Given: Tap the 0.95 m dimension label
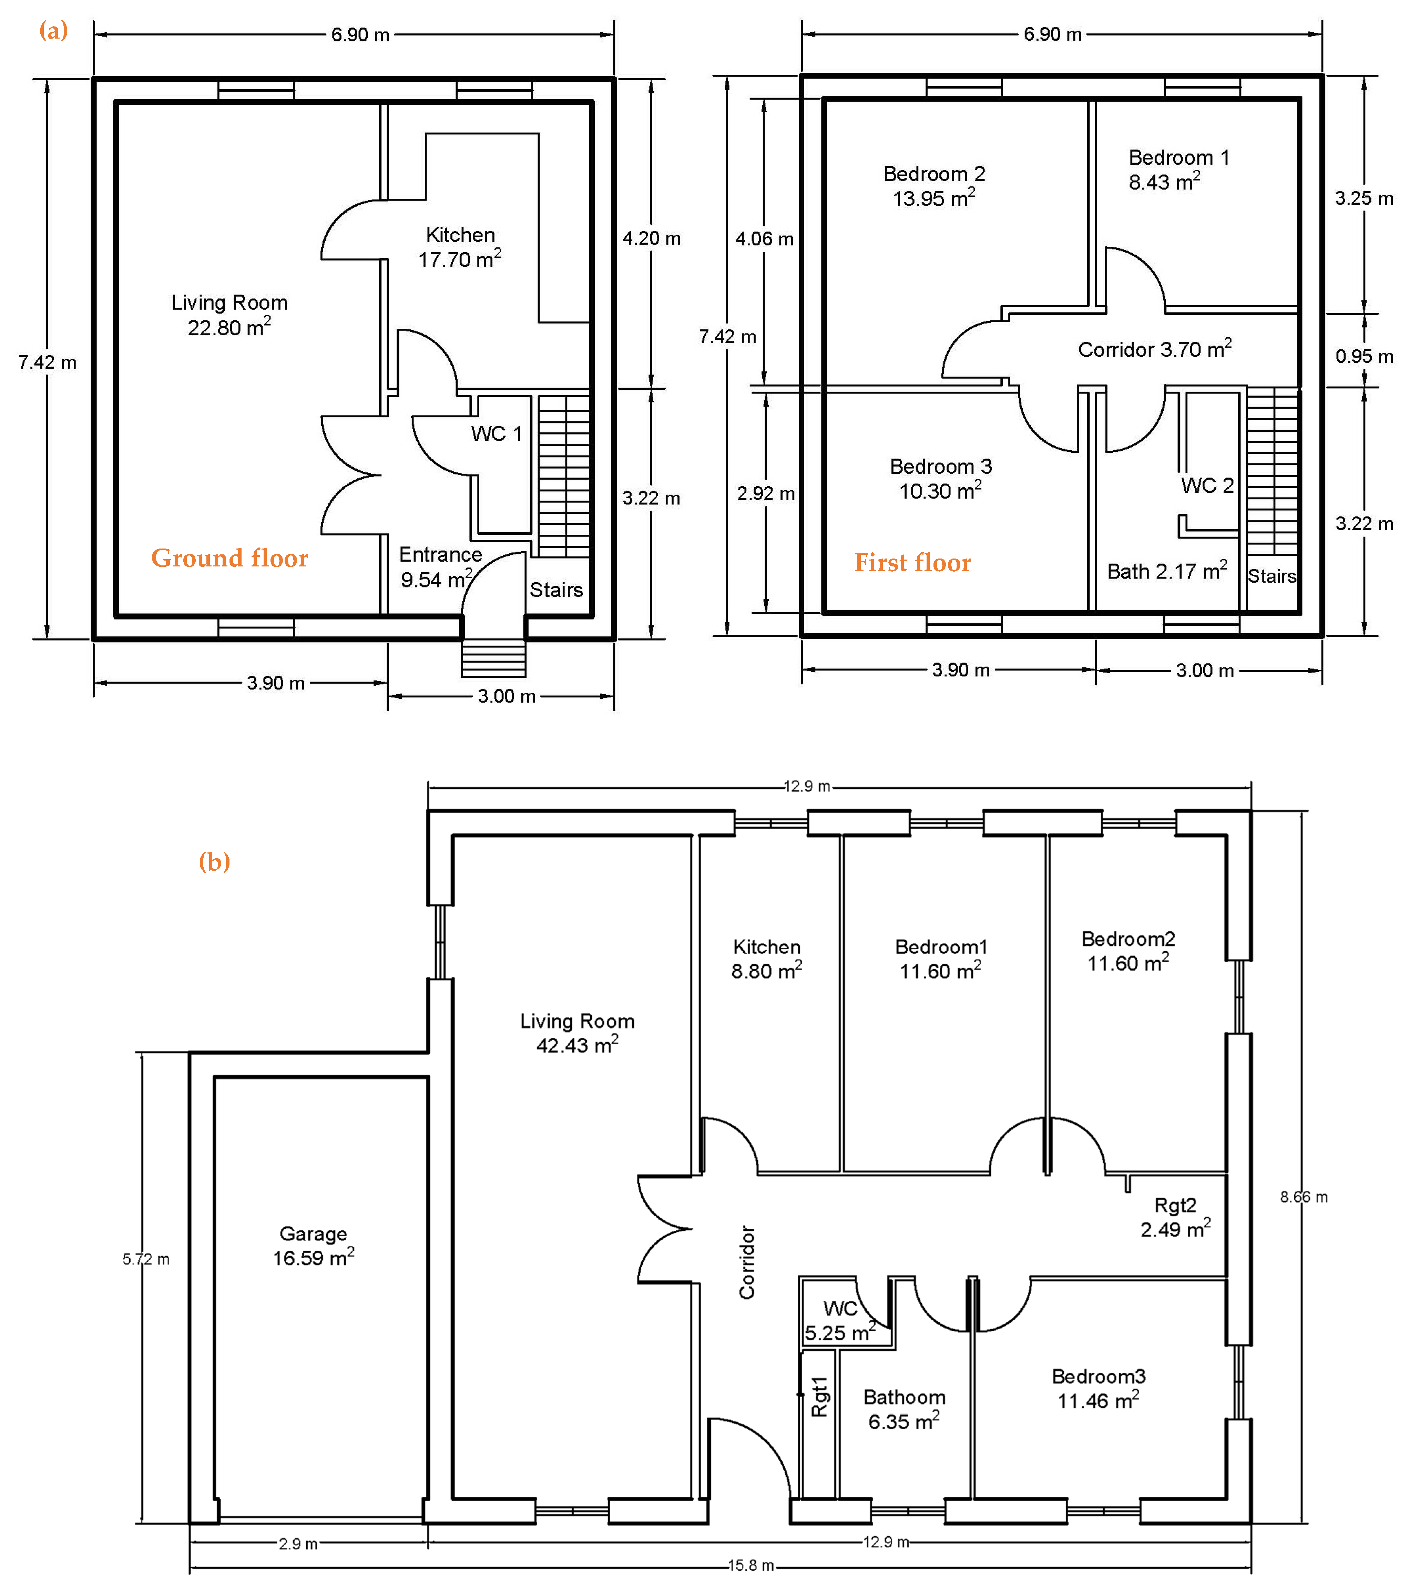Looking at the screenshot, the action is coord(1364,356).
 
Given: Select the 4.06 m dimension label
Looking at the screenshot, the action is coord(765,239).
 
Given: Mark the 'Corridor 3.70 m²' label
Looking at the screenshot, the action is coord(1154,349).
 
